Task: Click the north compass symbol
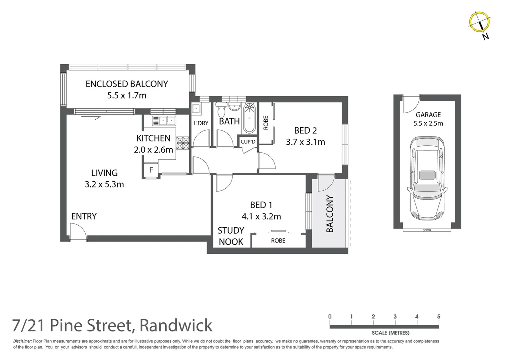(x=479, y=22)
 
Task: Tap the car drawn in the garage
(x=427, y=178)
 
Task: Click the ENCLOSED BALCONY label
(x=127, y=84)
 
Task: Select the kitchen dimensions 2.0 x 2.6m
(x=153, y=150)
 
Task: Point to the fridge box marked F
(x=151, y=170)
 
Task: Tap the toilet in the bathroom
(x=221, y=110)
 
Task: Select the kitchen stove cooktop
(x=183, y=143)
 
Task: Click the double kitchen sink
(x=164, y=120)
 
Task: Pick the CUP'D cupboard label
(x=248, y=142)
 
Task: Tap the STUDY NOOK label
(x=231, y=236)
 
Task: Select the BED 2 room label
(x=305, y=130)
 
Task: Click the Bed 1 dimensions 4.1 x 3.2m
(x=261, y=216)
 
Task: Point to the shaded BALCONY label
(x=329, y=214)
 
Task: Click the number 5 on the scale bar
(x=438, y=316)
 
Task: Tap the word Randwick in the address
(x=176, y=325)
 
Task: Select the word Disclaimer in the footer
(x=22, y=341)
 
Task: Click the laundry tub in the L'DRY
(x=196, y=108)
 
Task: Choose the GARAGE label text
(x=428, y=115)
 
